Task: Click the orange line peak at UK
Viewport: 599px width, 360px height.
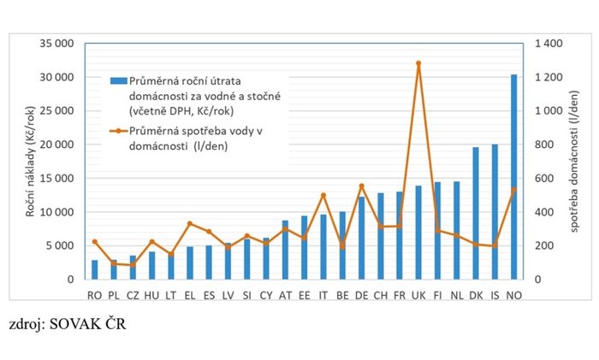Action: point(418,63)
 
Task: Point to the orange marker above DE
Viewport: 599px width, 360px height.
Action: point(361,186)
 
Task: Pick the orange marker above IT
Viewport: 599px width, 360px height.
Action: point(323,195)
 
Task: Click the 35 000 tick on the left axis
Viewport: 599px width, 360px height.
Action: point(56,44)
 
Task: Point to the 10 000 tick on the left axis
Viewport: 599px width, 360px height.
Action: point(56,212)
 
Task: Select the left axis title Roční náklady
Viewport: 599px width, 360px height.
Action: point(30,162)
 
